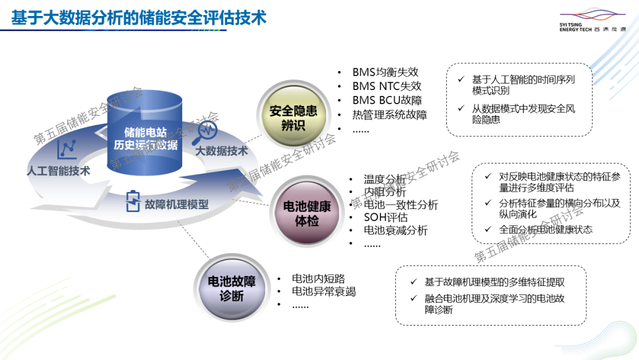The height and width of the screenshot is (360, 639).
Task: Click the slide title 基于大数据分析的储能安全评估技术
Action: pos(139,18)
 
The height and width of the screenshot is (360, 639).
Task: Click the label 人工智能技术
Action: pos(59,171)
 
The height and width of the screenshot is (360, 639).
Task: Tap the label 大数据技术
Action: pos(221,151)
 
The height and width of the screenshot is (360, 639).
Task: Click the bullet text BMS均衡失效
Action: pos(385,72)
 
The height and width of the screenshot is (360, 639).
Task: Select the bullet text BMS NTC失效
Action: pos(387,86)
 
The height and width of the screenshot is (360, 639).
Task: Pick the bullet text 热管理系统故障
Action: pos(389,115)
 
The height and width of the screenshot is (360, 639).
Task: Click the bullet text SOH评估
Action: pos(386,217)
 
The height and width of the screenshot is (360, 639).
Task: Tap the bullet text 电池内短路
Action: pos(318,278)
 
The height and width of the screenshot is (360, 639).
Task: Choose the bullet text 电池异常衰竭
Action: pos(324,291)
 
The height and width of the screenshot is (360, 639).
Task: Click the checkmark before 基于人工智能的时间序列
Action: pos(461,79)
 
